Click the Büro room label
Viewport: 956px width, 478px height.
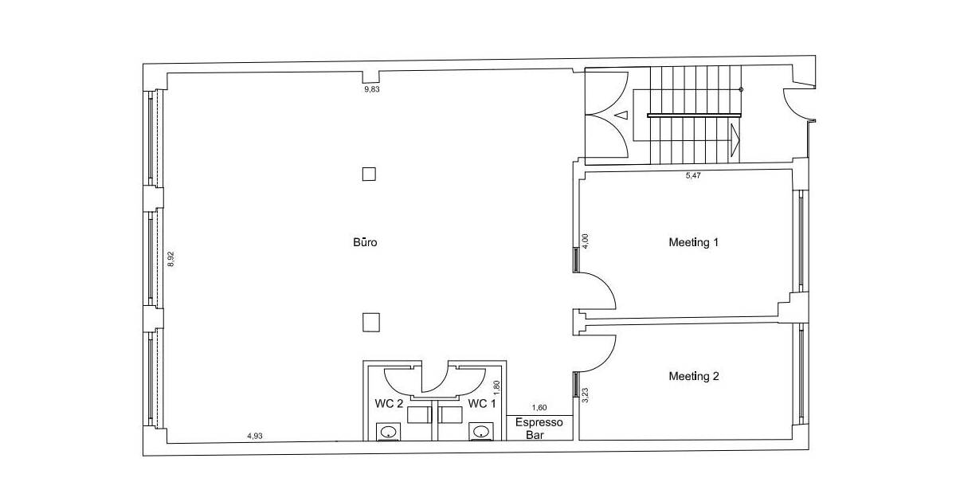click(x=365, y=242)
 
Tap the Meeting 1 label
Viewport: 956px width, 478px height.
click(x=693, y=242)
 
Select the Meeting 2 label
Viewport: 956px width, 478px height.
click(x=693, y=376)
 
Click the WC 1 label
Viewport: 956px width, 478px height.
click(x=482, y=404)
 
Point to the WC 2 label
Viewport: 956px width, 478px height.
click(x=388, y=404)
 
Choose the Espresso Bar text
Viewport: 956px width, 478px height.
click(x=539, y=427)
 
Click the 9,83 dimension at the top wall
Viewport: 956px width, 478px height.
click(x=372, y=90)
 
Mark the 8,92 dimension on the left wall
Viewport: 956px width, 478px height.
click(x=170, y=260)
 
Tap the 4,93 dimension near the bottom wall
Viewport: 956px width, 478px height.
click(x=255, y=436)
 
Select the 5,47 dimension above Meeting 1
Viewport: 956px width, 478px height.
click(x=692, y=175)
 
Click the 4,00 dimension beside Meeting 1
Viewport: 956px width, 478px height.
click(x=586, y=242)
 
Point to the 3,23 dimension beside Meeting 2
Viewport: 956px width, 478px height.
click(x=586, y=395)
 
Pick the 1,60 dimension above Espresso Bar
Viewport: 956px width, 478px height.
click(x=539, y=409)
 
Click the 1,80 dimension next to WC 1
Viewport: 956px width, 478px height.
click(x=496, y=388)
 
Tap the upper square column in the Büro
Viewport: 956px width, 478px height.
click(x=368, y=174)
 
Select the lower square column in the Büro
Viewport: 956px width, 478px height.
click(x=370, y=321)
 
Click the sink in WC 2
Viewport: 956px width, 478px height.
click(x=388, y=432)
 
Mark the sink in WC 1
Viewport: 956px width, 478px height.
click(x=480, y=432)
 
